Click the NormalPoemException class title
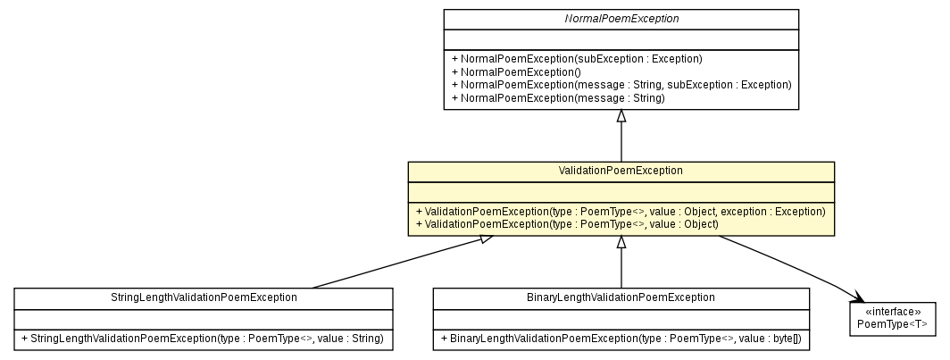point(621,19)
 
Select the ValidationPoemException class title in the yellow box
point(621,171)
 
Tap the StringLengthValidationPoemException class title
point(204,297)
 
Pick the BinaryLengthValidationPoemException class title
point(621,297)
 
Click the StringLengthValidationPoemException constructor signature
point(203,339)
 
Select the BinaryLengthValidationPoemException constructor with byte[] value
point(621,339)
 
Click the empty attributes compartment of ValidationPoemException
point(621,190)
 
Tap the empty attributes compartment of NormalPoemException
point(621,39)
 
